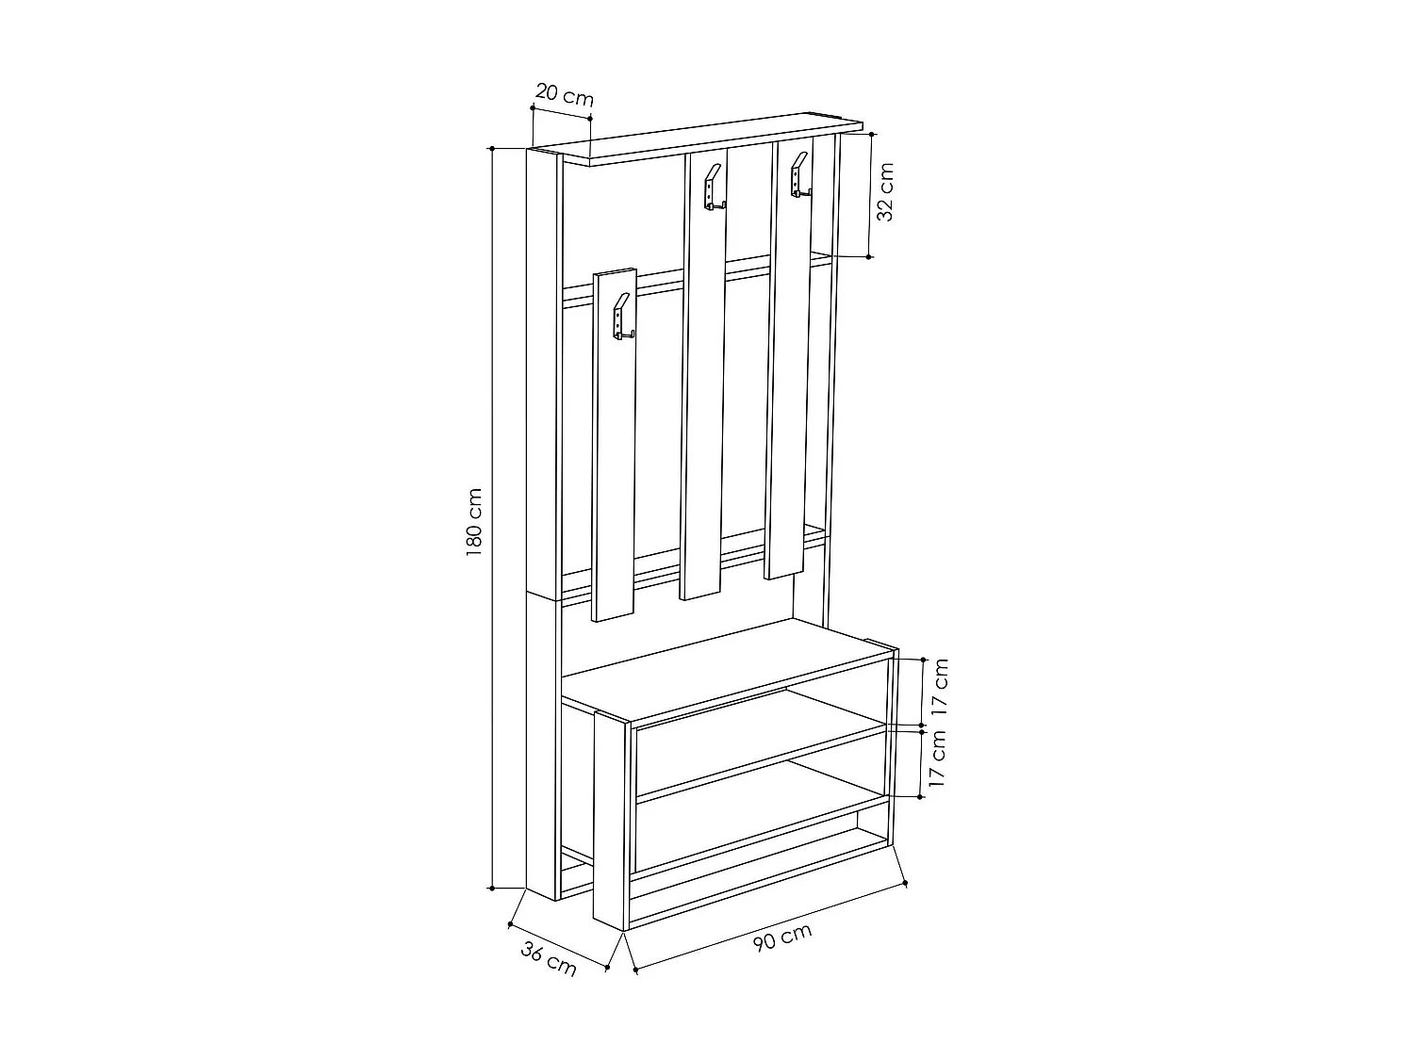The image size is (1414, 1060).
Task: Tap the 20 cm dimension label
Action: tap(565, 94)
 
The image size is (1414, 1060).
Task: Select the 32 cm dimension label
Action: tap(885, 191)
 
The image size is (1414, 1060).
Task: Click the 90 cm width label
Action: tap(782, 938)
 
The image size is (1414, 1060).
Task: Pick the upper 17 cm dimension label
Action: tap(939, 689)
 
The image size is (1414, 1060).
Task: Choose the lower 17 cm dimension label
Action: tap(937, 758)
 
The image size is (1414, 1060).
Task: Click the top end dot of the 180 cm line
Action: tap(492, 149)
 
